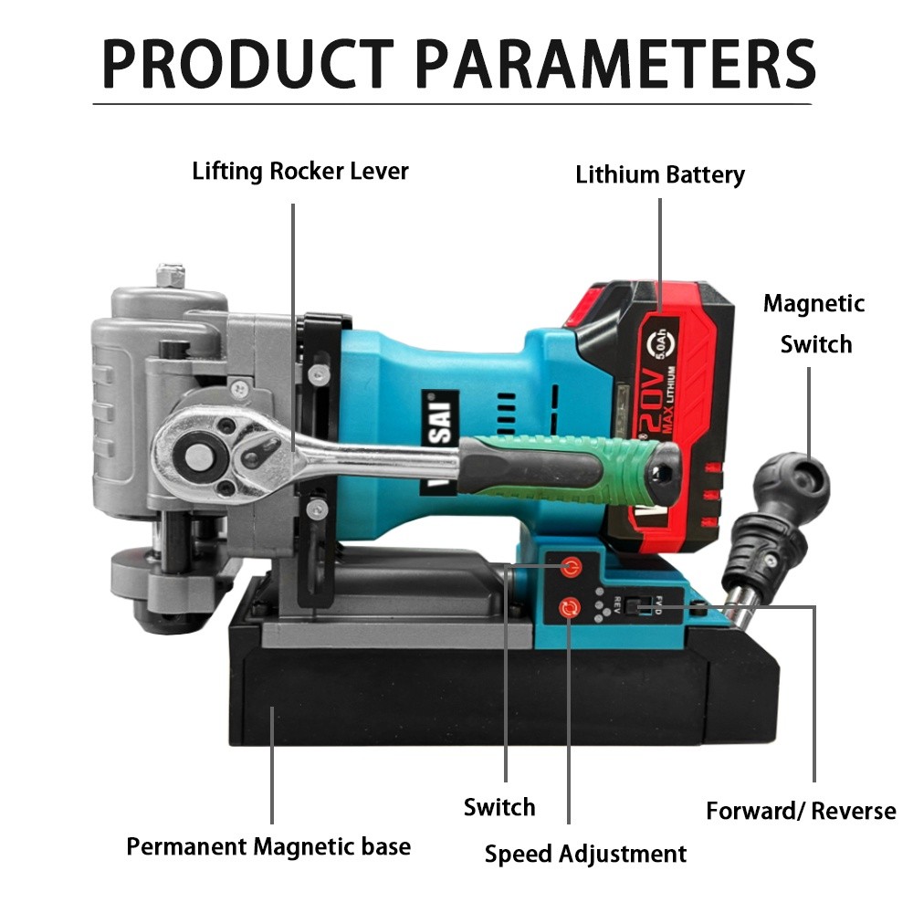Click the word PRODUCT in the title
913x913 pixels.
[x=248, y=64]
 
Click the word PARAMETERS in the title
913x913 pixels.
[x=616, y=64]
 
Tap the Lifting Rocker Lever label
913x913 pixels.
[x=300, y=172]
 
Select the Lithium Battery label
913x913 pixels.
[x=660, y=174]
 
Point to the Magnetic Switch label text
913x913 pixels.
[x=814, y=324]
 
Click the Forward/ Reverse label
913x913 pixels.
[x=802, y=811]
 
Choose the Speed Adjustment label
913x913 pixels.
[x=586, y=855]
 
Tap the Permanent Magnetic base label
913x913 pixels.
[x=268, y=846]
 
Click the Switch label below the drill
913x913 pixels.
[x=499, y=808]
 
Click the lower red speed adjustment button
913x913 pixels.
[x=569, y=608]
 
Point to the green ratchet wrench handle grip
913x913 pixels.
[x=571, y=468]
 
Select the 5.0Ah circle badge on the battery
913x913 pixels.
[x=663, y=346]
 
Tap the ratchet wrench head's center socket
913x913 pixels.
[x=195, y=455]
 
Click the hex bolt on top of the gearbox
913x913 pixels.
[x=171, y=276]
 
